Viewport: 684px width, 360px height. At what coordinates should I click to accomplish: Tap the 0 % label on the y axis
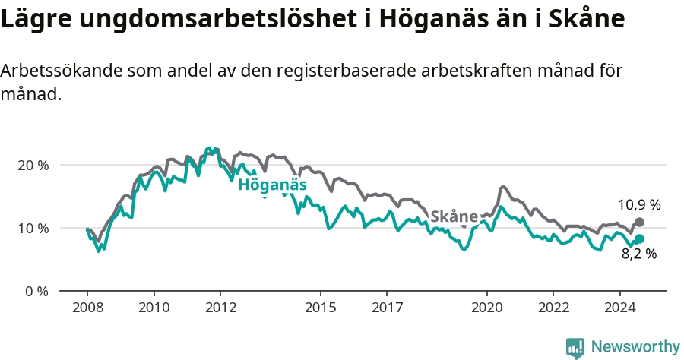36,291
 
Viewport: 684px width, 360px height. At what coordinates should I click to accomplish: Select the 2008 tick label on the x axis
87,308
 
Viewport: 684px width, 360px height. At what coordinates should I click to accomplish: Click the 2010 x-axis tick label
154,308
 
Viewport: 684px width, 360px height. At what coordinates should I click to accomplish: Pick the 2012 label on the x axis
220,308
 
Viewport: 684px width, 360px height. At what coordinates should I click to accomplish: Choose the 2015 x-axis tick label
320,308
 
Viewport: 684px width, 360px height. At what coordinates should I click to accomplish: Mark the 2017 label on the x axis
387,308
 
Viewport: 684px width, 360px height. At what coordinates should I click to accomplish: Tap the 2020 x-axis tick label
486,308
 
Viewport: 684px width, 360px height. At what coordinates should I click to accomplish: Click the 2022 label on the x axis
553,308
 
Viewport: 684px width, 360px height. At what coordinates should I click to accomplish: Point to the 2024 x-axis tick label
619,308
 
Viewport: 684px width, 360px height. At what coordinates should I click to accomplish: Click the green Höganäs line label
273,185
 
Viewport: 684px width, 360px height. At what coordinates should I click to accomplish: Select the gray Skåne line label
454,216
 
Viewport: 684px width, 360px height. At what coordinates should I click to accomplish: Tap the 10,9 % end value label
639,204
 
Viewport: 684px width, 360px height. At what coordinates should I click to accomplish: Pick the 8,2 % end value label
639,254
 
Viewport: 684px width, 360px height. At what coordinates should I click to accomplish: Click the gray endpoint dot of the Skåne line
640,222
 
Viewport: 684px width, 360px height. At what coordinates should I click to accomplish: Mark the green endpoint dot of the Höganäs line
640,238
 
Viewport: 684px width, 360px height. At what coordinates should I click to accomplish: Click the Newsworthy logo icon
575,347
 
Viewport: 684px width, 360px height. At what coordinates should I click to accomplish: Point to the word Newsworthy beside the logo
635,347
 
